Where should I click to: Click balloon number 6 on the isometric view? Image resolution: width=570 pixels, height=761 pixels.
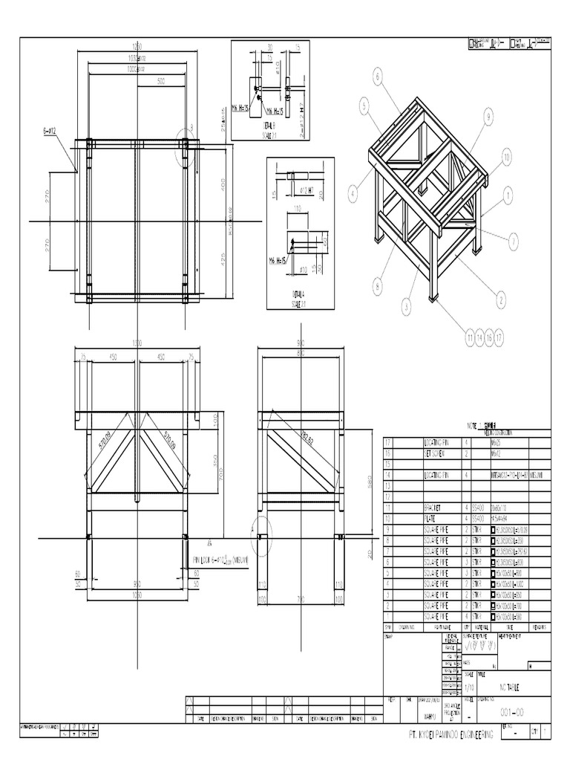[x=377, y=76]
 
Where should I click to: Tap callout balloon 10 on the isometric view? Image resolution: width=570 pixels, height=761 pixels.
[x=506, y=157]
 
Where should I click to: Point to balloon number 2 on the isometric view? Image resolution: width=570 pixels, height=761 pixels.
[x=501, y=299]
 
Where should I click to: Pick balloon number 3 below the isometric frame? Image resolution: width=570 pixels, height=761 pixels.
[x=407, y=305]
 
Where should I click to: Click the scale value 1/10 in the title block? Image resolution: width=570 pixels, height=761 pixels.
[x=468, y=687]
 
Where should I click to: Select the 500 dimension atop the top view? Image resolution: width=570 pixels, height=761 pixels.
[x=161, y=81]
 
